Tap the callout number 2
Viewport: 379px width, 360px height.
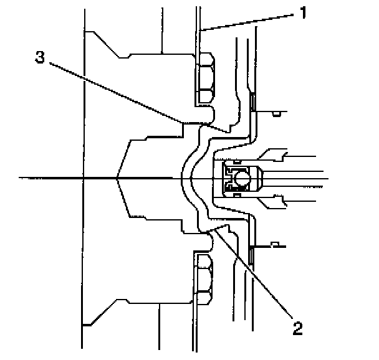297,328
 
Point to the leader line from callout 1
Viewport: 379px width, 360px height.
249,22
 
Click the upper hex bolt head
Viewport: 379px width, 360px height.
206,78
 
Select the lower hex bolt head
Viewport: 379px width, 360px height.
206,279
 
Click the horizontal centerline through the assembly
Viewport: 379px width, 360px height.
62,178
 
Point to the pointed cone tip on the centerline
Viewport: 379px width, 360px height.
117,178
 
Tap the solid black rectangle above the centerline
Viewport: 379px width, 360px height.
252,101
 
